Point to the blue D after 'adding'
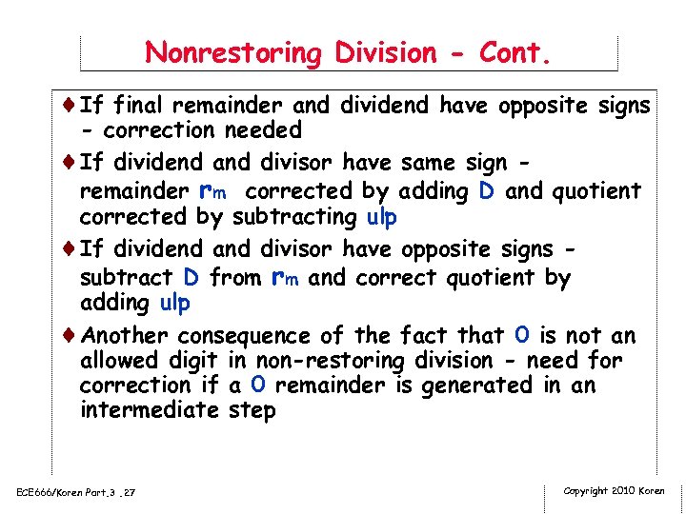[x=486, y=191]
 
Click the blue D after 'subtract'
[x=191, y=279]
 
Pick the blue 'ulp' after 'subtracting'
[x=382, y=217]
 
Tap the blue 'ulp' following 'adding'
[x=175, y=304]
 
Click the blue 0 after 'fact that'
[x=520, y=334]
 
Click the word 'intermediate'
[x=151, y=411]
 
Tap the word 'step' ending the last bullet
[x=252, y=411]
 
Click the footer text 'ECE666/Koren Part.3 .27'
[x=75, y=491]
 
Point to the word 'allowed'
[x=118, y=362]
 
